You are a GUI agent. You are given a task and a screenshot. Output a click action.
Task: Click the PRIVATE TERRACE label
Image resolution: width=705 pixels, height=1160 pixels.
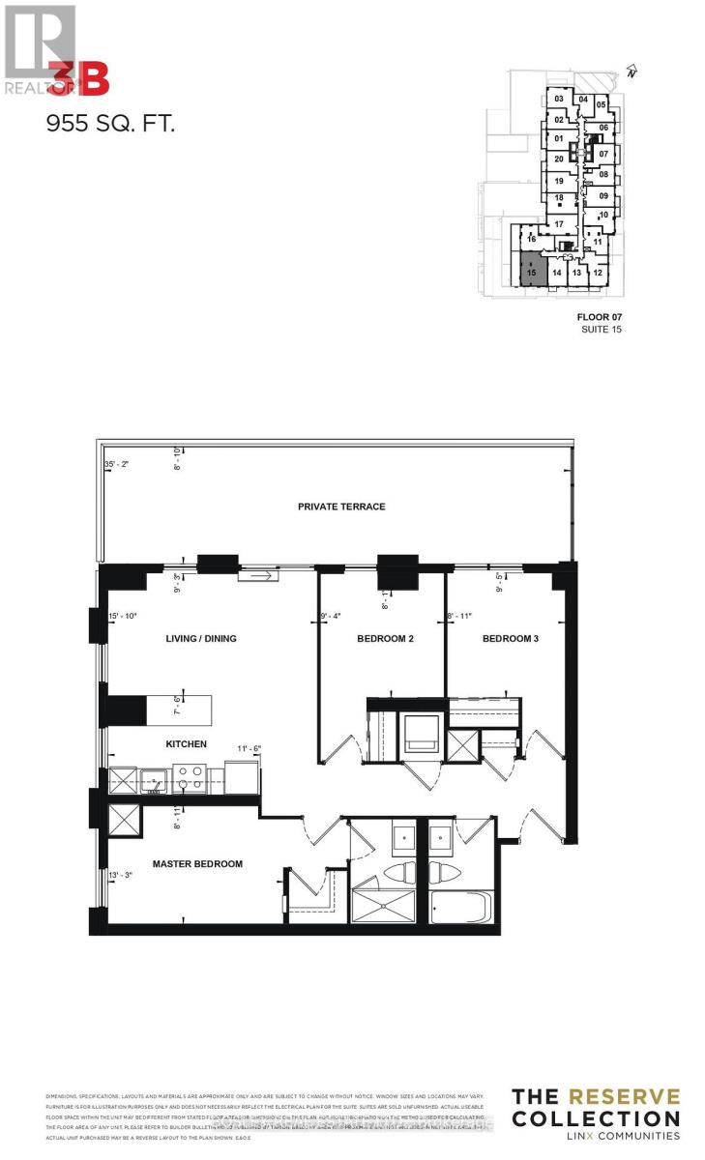click(x=341, y=507)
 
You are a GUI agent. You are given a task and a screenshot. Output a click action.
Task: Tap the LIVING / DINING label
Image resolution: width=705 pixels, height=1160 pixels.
click(x=201, y=639)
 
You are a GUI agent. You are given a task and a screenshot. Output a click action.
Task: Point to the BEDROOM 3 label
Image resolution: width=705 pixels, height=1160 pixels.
click(x=512, y=639)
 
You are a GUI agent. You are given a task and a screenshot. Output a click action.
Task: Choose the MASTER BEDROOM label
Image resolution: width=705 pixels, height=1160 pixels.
click(x=197, y=863)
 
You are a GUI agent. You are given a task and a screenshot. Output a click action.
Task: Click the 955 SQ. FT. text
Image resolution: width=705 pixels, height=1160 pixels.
click(x=111, y=124)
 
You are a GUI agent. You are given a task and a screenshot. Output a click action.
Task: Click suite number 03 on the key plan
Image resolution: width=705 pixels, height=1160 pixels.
click(x=558, y=99)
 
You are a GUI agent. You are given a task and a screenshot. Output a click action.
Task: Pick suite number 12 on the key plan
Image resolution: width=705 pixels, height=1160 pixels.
click(x=598, y=274)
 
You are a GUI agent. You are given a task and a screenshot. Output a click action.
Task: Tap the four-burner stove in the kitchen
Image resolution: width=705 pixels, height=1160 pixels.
click(x=187, y=777)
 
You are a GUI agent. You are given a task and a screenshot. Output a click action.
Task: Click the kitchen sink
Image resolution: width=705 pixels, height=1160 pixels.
click(x=155, y=779)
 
